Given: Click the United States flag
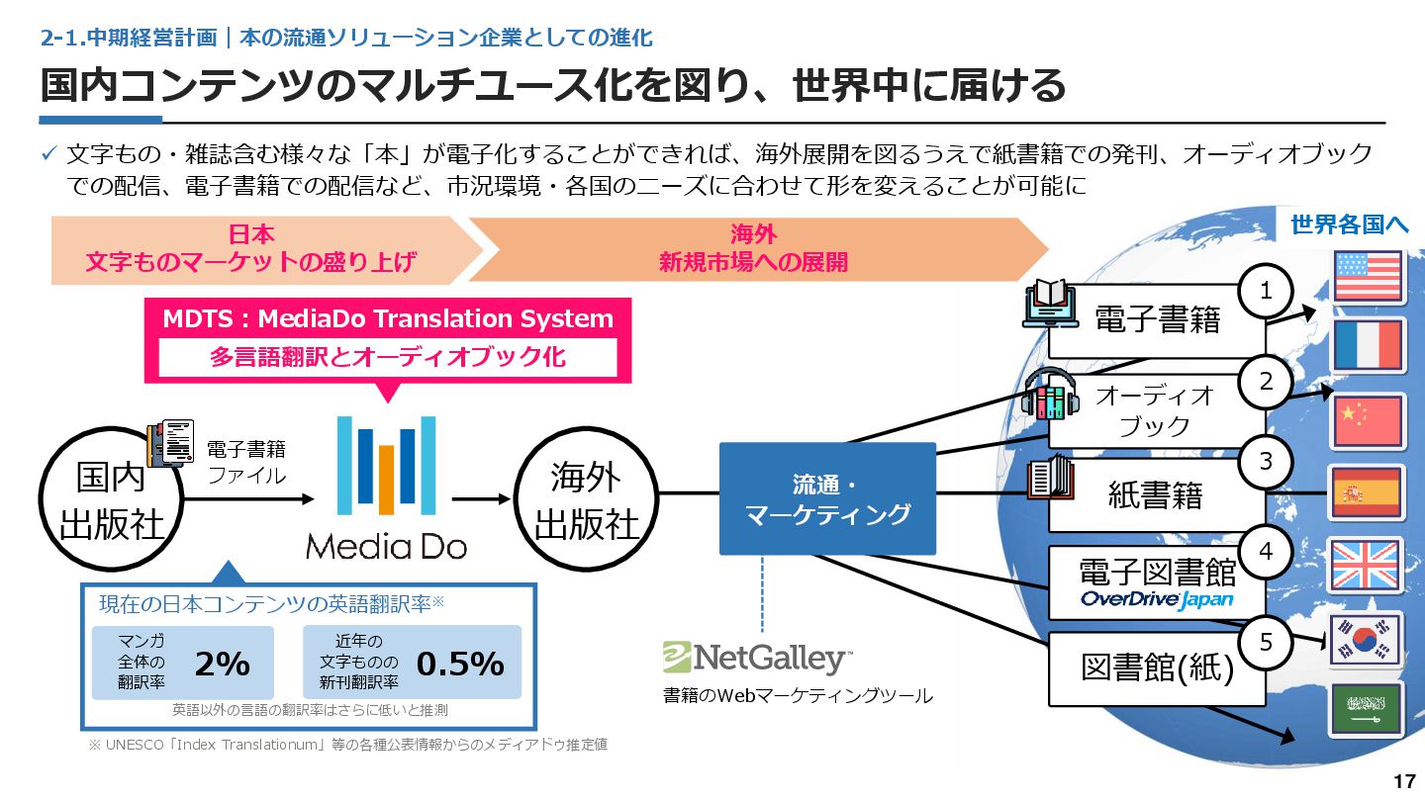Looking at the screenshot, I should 1369,276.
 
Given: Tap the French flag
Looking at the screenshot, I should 1369,345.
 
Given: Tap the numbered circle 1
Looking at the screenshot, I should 1266,290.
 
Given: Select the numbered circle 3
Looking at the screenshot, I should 1266,461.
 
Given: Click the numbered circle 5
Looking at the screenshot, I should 1266,643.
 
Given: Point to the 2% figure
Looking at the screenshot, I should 223,665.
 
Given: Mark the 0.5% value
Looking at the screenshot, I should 460,665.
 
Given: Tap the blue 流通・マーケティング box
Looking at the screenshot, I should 827,498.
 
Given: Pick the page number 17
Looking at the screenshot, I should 1403,781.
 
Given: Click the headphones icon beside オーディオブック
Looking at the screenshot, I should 1050,395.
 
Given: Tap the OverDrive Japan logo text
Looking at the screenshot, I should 1157,599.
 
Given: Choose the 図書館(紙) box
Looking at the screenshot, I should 1157,668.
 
